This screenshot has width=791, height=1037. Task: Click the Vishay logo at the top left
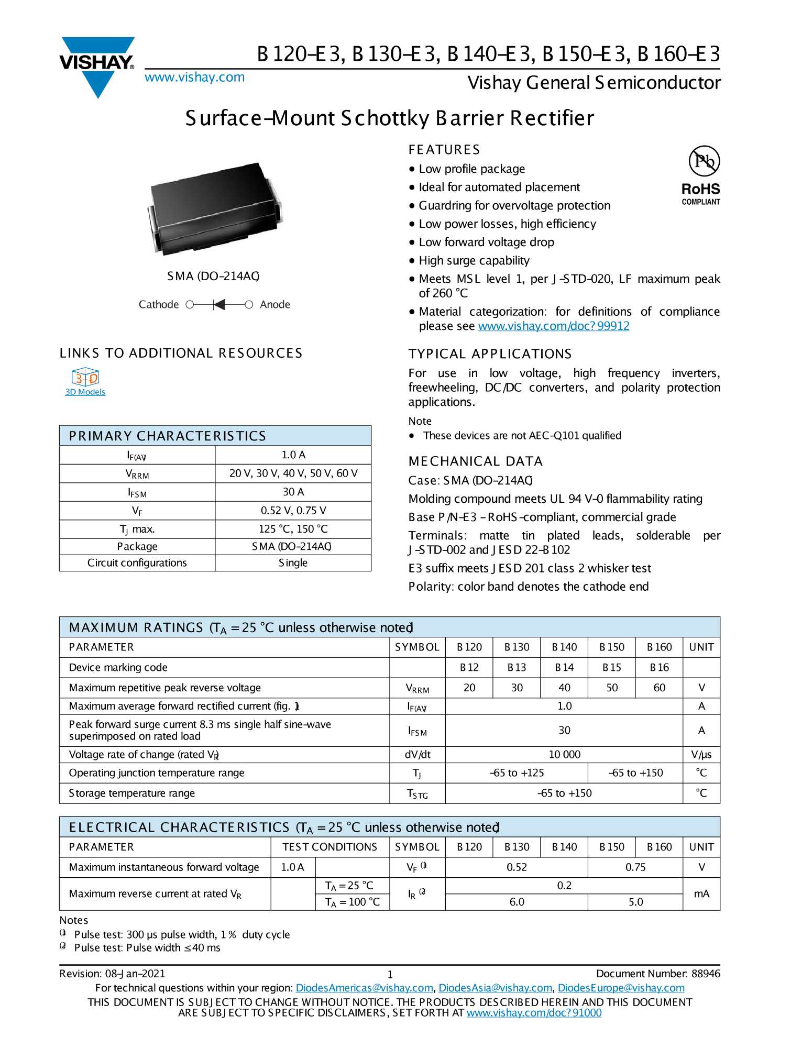pyautogui.click(x=97, y=65)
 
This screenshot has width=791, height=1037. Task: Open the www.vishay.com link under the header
pyautogui.click(x=194, y=78)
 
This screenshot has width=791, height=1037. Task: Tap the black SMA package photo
pyautogui.click(x=215, y=209)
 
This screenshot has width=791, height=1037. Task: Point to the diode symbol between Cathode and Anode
pyautogui.click(x=219, y=305)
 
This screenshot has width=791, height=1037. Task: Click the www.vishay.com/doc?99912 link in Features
pyautogui.click(x=553, y=326)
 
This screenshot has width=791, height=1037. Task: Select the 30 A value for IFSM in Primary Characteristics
pyautogui.click(x=293, y=492)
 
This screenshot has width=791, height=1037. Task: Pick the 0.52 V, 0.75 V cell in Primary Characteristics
pyautogui.click(x=293, y=511)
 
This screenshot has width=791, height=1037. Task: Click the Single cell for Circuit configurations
pyautogui.click(x=293, y=563)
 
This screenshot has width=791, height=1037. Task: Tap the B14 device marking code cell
pyautogui.click(x=564, y=668)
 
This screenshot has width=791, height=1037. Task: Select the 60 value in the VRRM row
pyautogui.click(x=659, y=688)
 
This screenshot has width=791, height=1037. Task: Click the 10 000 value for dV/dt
pyautogui.click(x=564, y=755)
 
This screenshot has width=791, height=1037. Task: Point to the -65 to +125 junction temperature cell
pyautogui.click(x=517, y=773)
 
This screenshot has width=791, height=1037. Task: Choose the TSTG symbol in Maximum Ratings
pyautogui.click(x=417, y=794)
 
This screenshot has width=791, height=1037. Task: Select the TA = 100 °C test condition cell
pyautogui.click(x=352, y=902)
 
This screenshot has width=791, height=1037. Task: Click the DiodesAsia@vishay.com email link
pyautogui.click(x=495, y=988)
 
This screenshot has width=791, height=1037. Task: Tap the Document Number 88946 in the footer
pyautogui.click(x=658, y=974)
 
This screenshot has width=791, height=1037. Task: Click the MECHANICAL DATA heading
pyautogui.click(x=475, y=461)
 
